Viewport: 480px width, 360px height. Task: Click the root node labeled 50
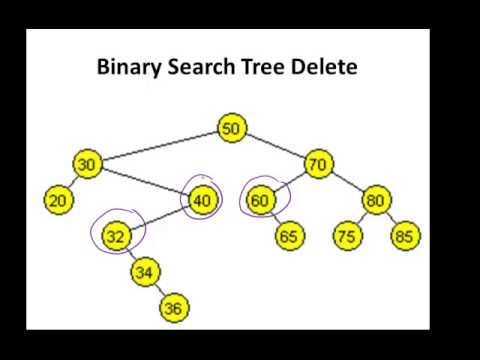(x=232, y=128)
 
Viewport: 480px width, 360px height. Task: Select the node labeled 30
(x=88, y=164)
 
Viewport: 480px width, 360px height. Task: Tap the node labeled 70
(x=318, y=164)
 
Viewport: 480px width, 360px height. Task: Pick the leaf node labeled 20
(x=58, y=200)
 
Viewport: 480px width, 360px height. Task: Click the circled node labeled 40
(x=202, y=200)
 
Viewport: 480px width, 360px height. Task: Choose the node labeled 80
(x=376, y=200)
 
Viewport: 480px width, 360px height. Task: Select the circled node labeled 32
(x=117, y=236)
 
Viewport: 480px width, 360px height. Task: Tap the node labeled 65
(x=290, y=236)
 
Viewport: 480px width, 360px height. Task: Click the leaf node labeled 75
(x=347, y=236)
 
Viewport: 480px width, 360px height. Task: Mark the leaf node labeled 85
(x=405, y=236)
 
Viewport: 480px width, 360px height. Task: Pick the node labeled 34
(x=145, y=272)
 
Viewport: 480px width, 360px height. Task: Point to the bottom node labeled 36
(x=173, y=308)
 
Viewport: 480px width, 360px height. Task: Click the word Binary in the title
(x=127, y=68)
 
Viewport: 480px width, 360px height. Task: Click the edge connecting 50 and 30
(x=160, y=146)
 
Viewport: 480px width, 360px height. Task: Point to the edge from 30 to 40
(x=145, y=182)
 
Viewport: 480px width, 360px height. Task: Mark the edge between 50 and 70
(x=275, y=146)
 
